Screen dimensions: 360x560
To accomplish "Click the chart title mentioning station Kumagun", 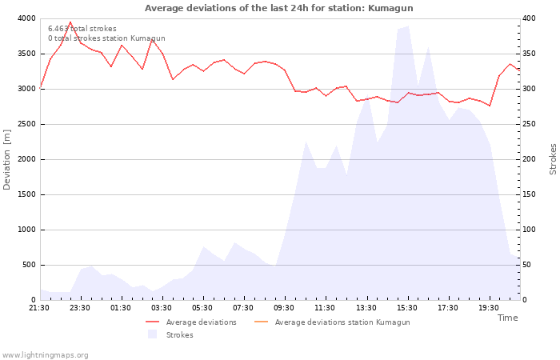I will pos(278,8).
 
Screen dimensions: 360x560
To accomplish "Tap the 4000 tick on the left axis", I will pos(26,18).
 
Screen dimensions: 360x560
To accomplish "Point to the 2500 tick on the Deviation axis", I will pos(26,124).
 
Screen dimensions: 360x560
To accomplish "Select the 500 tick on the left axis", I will pos(28,265).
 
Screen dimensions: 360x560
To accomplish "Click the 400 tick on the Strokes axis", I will pos(530,18).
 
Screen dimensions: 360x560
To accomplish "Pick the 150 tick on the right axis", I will pos(530,194).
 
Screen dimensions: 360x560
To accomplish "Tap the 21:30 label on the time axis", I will pos(39,307).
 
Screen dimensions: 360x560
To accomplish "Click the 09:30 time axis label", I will pos(284,307).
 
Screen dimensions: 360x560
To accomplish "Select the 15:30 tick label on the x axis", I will pos(406,307).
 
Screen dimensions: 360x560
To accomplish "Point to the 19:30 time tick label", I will pos(488,307).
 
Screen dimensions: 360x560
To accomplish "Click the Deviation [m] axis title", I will pos(8,159).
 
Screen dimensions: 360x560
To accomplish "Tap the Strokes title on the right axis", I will pos(553,159).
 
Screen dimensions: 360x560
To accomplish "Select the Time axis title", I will pos(507,318).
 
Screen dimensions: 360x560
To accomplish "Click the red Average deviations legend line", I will pos(153,322).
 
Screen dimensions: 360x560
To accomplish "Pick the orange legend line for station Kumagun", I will pos(260,322).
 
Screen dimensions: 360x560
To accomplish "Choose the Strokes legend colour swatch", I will pos(153,334).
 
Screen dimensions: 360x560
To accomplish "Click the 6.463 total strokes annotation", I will pos(82,29).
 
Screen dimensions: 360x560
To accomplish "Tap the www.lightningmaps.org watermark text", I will pos(45,354).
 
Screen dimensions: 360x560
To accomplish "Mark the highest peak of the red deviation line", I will pos(70,22).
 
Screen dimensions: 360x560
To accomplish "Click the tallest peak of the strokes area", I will pos(407,26).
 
